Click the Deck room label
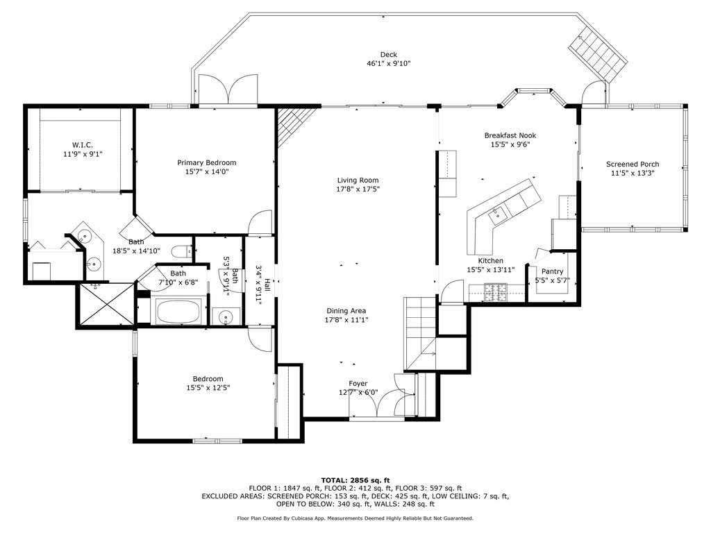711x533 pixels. coord(389,55)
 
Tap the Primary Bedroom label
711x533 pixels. coord(206,162)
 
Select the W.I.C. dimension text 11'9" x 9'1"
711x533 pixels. coord(83,154)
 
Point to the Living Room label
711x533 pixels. coord(358,180)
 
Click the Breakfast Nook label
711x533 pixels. coord(510,135)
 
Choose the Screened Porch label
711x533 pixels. coord(633,164)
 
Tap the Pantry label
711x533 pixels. coord(552,271)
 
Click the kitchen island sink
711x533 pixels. coord(497,214)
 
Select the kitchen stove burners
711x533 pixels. coord(496,292)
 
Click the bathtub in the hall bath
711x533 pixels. coord(178,312)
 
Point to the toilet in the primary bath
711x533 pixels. coord(183,251)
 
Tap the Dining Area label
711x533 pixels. coord(346,311)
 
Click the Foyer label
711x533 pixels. coord(358,384)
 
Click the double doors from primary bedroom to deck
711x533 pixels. coord(228,90)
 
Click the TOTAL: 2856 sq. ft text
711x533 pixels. coord(355,480)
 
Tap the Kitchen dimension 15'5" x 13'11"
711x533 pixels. coord(491,270)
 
